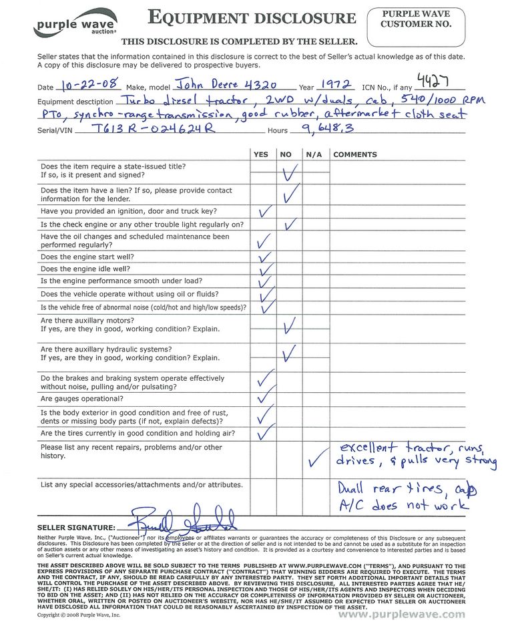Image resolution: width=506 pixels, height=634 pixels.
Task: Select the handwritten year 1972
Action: coord(334,85)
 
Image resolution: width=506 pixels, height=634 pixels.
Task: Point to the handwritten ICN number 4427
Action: coord(437,80)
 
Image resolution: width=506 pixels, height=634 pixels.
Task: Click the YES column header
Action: coord(261,154)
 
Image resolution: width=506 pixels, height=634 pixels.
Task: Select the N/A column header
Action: coord(313,154)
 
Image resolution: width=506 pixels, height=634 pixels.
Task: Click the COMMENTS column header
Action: coord(354,154)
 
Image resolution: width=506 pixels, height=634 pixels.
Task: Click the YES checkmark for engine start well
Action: coord(264,257)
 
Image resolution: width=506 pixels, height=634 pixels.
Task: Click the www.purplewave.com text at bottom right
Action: coord(401,615)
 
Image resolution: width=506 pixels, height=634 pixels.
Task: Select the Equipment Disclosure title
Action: coord(252,18)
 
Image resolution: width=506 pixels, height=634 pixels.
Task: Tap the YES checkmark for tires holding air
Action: coord(265,434)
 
